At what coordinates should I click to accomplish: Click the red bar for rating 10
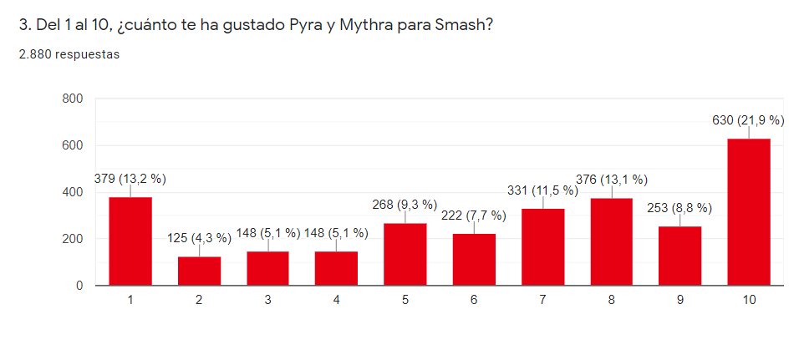(748, 212)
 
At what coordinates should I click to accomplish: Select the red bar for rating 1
(130, 241)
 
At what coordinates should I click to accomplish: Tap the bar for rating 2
(199, 271)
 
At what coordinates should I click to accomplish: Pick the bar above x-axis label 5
(405, 254)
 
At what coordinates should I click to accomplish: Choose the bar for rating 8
(611, 241)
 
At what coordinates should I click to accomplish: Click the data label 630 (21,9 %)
(748, 120)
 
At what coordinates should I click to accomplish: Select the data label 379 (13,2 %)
(130, 178)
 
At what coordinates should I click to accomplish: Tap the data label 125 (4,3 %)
(199, 238)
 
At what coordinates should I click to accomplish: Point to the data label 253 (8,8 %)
(679, 208)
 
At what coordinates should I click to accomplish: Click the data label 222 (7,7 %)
(474, 215)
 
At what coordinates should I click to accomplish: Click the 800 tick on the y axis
(73, 99)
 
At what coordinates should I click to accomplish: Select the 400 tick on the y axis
(73, 192)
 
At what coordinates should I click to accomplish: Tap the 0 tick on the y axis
(79, 286)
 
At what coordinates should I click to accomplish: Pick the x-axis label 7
(542, 300)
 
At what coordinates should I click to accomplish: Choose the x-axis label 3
(267, 300)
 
